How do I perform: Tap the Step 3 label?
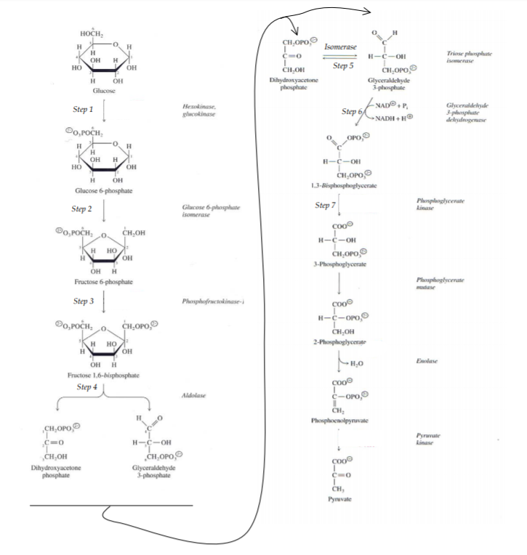point(84,300)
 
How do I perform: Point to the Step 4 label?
point(87,387)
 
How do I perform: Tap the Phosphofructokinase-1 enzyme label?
point(212,300)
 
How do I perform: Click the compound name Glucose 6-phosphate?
point(103,190)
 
